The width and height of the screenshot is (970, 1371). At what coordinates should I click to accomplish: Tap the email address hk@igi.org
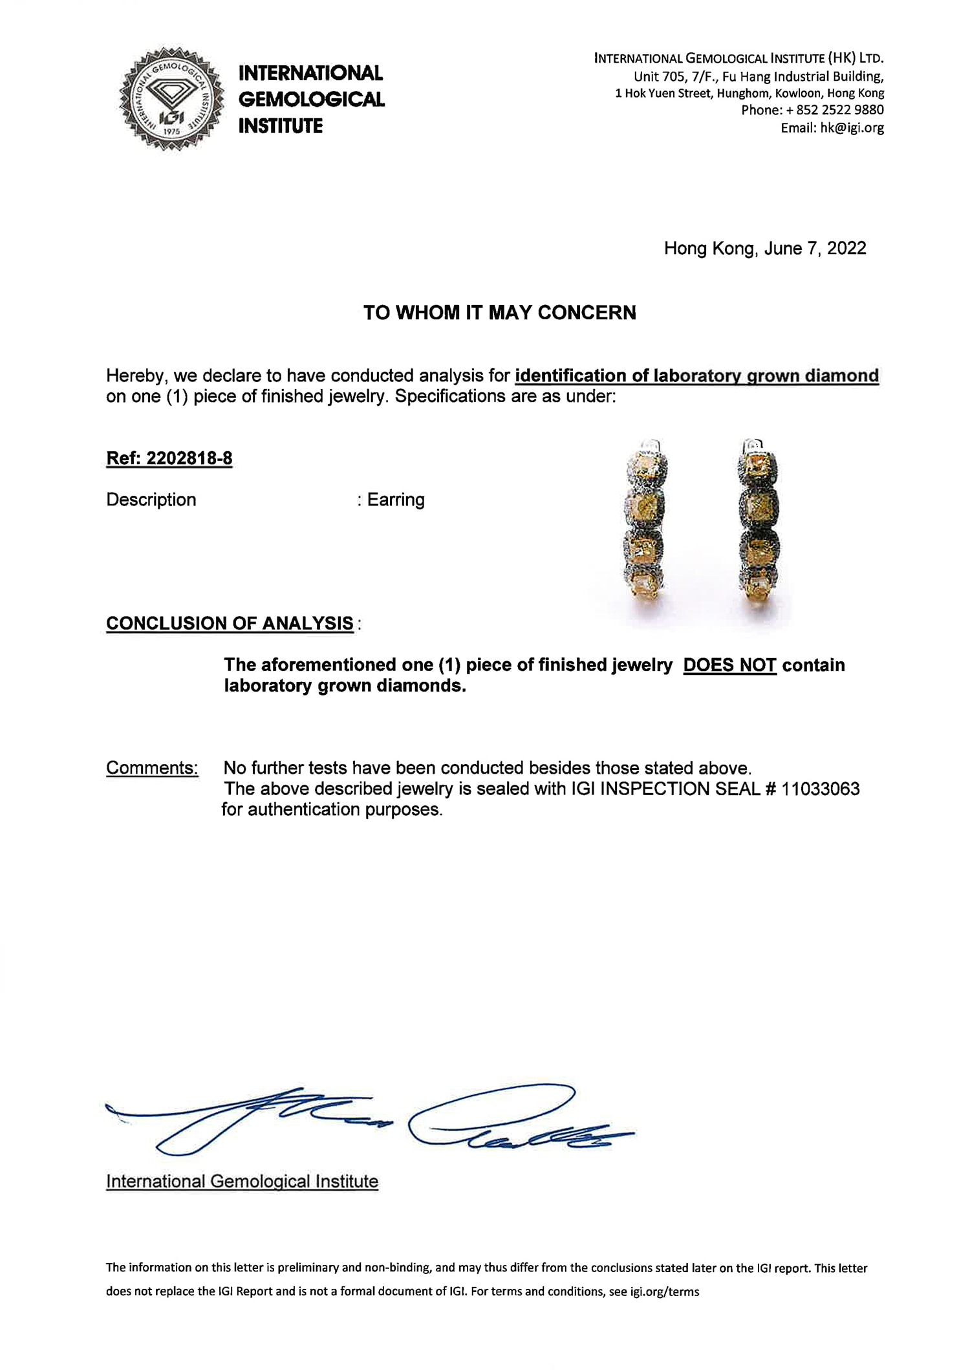852,128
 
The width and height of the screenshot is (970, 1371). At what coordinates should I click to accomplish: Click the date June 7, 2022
815,249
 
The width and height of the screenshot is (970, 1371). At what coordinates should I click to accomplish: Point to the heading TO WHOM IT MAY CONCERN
499,313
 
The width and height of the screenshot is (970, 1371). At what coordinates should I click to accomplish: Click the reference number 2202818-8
189,459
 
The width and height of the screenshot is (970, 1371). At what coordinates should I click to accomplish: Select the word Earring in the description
396,500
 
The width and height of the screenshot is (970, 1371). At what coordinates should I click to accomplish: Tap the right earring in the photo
759,520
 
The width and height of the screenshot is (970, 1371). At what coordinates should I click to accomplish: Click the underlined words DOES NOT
729,665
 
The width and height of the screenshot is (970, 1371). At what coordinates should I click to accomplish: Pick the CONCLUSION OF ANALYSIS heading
230,624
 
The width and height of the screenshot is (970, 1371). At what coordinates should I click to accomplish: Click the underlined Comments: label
152,768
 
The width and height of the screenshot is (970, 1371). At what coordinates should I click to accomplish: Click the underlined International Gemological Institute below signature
242,1182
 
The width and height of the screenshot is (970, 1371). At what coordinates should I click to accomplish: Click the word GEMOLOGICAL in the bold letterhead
312,100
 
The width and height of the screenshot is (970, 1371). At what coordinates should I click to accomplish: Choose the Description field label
151,500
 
